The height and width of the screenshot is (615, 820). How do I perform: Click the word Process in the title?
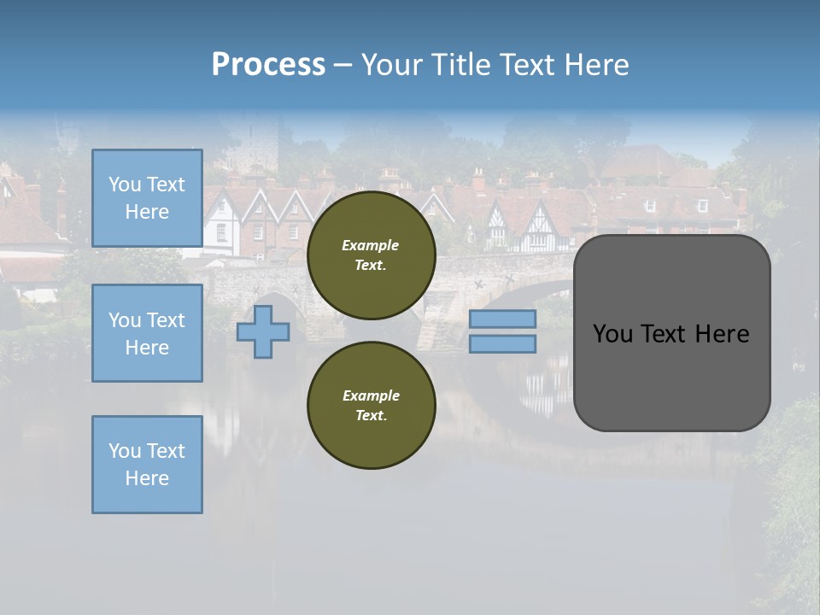click(268, 65)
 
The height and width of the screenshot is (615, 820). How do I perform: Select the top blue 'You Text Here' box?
click(147, 198)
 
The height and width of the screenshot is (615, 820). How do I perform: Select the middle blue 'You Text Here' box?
click(147, 333)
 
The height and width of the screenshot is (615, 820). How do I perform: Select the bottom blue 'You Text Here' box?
click(147, 464)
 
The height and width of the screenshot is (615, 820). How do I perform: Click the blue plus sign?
click(262, 331)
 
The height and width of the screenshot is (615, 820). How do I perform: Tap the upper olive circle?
click(371, 255)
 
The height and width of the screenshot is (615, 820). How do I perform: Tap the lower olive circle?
click(371, 405)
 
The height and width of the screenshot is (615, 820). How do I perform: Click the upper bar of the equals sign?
click(502, 319)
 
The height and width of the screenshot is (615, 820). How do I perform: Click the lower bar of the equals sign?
click(502, 343)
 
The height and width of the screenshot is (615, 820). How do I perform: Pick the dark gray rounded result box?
click(671, 376)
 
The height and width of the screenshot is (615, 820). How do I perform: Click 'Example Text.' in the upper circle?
click(371, 255)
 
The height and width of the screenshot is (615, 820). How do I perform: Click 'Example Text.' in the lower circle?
click(371, 405)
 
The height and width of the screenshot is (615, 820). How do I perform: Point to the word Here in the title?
click(596, 65)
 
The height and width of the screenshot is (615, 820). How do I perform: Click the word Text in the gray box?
click(671, 334)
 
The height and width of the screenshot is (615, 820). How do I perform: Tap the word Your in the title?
click(390, 65)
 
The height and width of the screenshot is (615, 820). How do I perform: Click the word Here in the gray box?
click(722, 334)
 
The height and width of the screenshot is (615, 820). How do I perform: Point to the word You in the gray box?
click(614, 334)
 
